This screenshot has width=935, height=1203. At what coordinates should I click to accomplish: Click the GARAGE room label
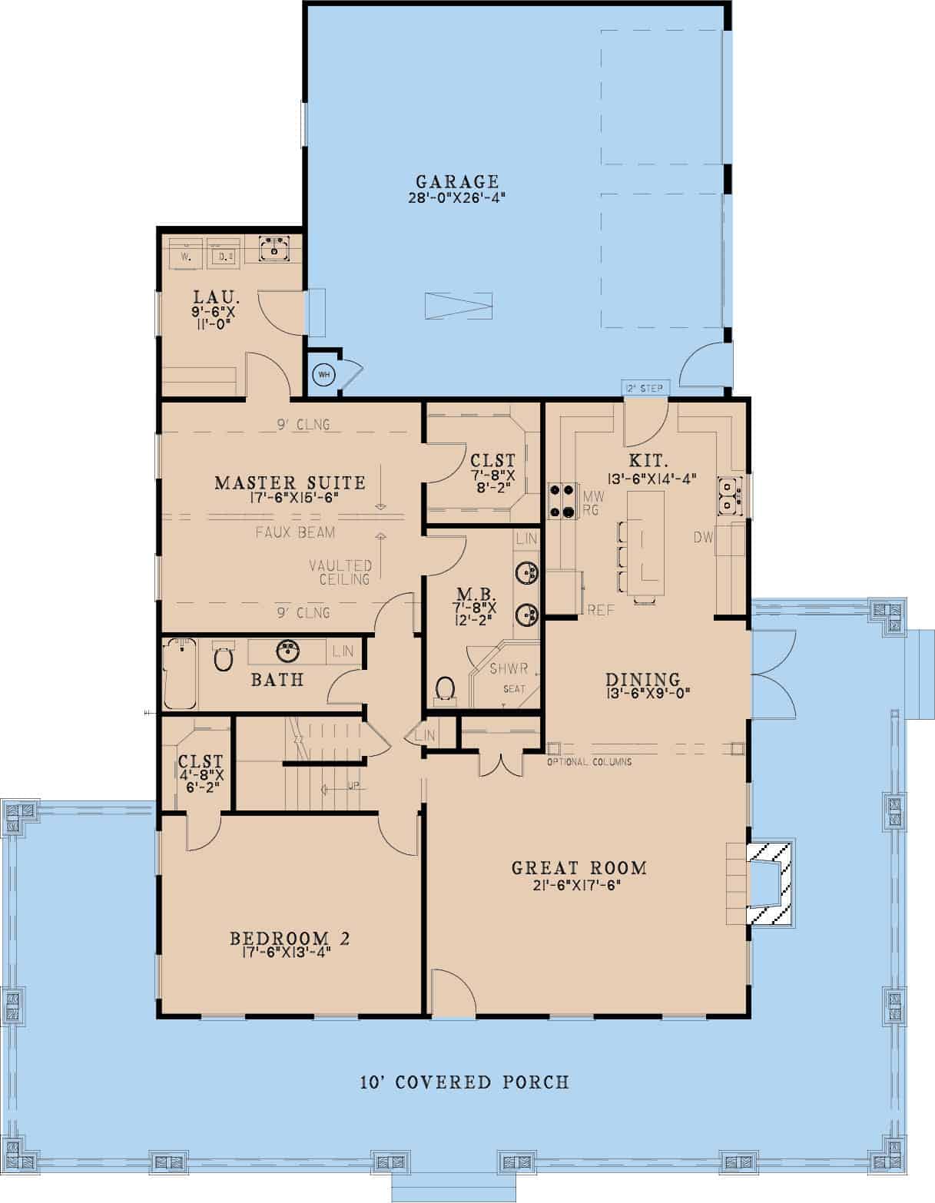click(458, 182)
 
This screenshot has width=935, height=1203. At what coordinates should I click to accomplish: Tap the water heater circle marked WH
click(323, 374)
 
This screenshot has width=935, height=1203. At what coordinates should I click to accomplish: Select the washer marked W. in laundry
click(185, 254)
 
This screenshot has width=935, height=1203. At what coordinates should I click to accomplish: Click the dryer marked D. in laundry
click(224, 254)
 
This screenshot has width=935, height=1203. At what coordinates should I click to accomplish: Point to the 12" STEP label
click(644, 388)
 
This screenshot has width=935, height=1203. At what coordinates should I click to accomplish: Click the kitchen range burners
click(562, 499)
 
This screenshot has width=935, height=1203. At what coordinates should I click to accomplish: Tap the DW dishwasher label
click(703, 539)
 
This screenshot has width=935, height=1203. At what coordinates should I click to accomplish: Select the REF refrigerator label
click(601, 610)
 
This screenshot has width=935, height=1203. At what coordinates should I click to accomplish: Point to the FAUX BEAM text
click(295, 532)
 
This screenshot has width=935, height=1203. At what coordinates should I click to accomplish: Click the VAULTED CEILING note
click(340, 572)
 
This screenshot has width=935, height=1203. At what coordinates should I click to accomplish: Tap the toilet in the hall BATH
click(223, 658)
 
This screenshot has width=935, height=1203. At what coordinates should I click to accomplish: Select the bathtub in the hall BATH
click(180, 674)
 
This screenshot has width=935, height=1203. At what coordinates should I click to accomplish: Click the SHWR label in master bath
click(509, 668)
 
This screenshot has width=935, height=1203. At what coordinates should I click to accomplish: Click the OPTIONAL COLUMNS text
click(589, 762)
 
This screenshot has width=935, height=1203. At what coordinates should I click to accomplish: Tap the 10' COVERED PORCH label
click(465, 1082)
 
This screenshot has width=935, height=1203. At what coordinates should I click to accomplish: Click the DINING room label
click(643, 679)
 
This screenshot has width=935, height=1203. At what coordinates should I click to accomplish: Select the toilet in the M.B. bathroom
click(445, 689)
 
